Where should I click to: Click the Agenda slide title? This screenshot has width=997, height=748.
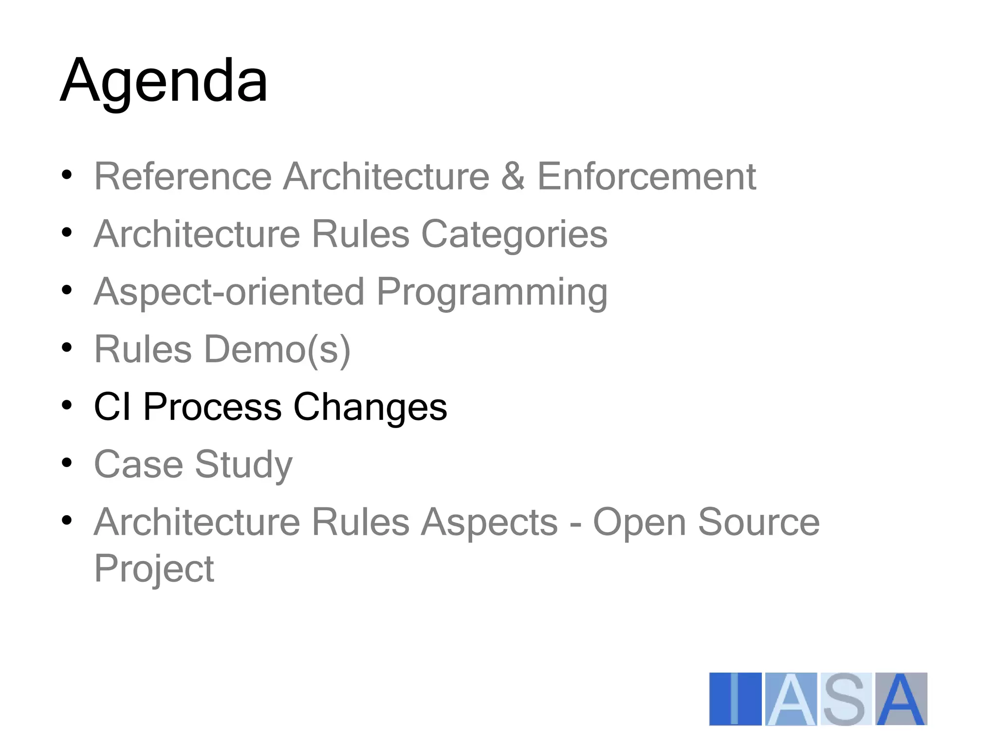tap(164, 80)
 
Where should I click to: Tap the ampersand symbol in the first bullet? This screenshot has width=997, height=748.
tap(513, 176)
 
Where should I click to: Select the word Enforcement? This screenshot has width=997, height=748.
tap(646, 176)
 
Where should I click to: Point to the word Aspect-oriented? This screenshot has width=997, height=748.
tap(229, 292)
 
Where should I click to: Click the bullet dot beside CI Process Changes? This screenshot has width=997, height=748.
tap(67, 405)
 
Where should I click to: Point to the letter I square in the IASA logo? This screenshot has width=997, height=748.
tap(735, 699)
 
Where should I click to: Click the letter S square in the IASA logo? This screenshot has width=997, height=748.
tap(846, 699)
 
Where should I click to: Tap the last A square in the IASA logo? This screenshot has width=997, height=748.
tap(901, 699)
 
